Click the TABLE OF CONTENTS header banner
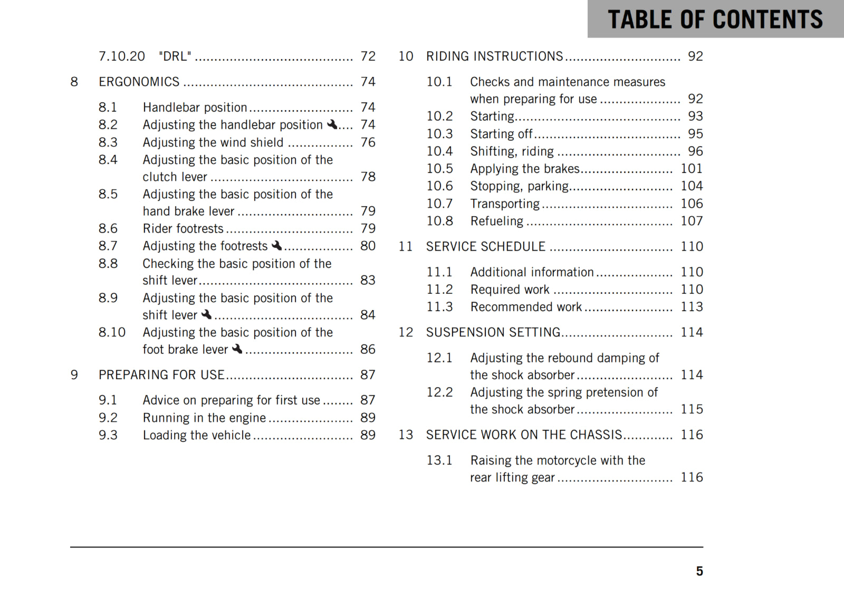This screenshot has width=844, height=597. tap(715, 20)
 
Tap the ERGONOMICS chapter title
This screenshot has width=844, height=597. tap(139, 82)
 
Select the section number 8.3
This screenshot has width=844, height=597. tap(108, 142)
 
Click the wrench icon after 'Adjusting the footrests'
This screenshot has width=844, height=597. tap(276, 245)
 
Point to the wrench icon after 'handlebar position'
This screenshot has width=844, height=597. tap(332, 124)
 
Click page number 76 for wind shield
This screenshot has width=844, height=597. tap(368, 142)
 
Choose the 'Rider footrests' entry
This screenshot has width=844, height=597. tap(183, 228)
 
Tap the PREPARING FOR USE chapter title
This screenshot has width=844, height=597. tap(161, 375)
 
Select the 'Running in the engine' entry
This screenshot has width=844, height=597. tap(204, 418)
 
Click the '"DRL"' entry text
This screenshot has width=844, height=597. tap(175, 56)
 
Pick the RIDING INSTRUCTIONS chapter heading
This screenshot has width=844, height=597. tap(494, 56)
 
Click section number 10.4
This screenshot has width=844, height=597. tap(439, 151)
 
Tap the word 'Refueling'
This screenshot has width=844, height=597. tap(496, 221)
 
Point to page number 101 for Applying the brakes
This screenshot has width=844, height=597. tap(691, 169)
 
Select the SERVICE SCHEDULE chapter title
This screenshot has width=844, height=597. tap(485, 247)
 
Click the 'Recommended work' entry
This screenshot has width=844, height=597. tap(526, 307)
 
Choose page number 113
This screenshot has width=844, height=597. tap(691, 307)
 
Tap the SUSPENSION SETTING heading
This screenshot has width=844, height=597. tap(493, 332)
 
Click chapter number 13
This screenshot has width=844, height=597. tap(406, 435)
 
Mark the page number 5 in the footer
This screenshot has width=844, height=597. tap(699, 571)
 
